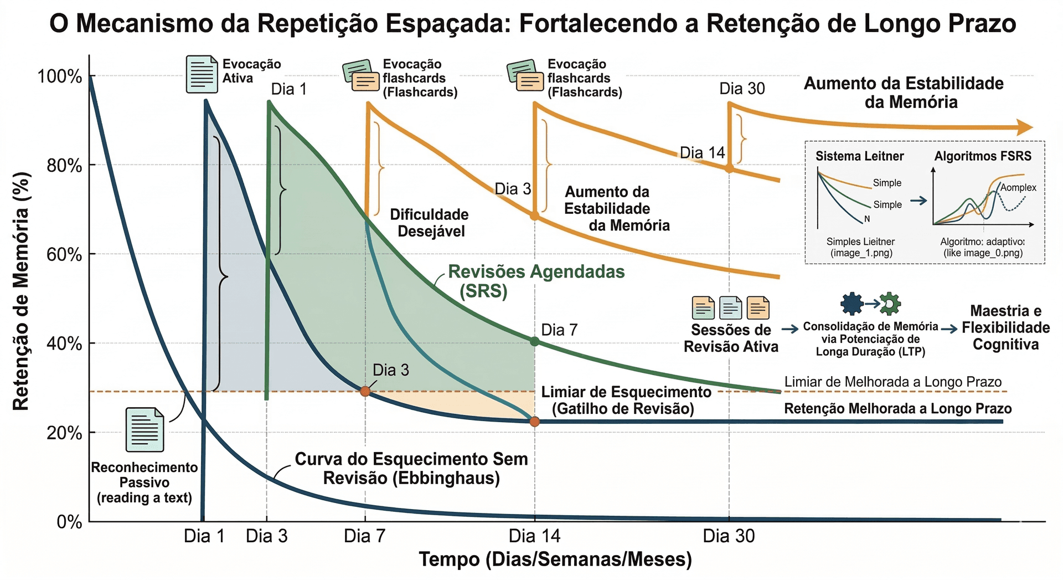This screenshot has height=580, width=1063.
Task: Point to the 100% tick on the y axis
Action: pyautogui.click(x=60, y=76)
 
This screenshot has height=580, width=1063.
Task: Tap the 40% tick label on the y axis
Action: pyautogui.click(x=64, y=343)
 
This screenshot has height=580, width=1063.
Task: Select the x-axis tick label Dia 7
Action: pyautogui.click(x=364, y=536)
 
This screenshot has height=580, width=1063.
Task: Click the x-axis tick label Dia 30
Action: pyautogui.click(x=729, y=536)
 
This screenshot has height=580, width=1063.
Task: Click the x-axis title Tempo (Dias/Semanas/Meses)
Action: pyautogui.click(x=555, y=560)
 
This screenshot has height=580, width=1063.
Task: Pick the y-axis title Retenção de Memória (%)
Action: pyautogui.click(x=21, y=291)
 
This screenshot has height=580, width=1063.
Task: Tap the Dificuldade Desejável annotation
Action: pyautogui.click(x=429, y=223)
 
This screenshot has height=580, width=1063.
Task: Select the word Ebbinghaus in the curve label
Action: pyautogui.click(x=446, y=478)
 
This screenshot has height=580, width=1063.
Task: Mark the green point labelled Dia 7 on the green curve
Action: pyautogui.click(x=535, y=341)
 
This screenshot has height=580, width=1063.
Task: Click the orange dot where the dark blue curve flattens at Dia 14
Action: pyautogui.click(x=535, y=422)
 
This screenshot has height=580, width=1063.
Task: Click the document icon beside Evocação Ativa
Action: pyautogui.click(x=202, y=74)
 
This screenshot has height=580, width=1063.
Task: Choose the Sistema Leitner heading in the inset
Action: pyautogui.click(x=859, y=156)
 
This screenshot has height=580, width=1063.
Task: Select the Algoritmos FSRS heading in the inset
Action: pyautogui.click(x=983, y=156)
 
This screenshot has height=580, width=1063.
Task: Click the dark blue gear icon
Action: pyautogui.click(x=852, y=304)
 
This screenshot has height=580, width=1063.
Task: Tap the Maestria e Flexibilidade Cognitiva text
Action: pyautogui.click(x=1005, y=327)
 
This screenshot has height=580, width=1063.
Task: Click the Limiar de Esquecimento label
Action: pyautogui.click(x=626, y=392)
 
